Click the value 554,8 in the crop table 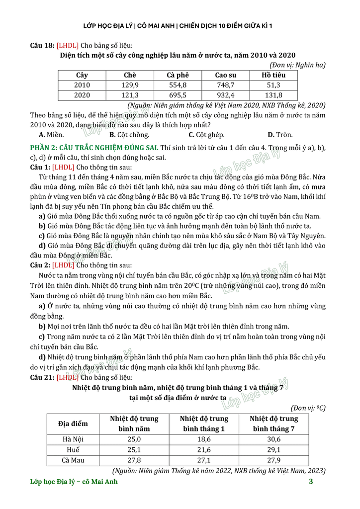pos(178,85)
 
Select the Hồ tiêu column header pos(273,75)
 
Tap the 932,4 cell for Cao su pos(225,95)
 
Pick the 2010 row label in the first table pos(82,85)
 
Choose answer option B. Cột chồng pos(129,134)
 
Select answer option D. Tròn pos(280,134)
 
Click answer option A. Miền pos(51,134)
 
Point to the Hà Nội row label pos(73,439)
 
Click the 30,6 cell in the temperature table pos(273,439)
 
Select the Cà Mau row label pos(73,460)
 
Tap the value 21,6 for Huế pos(204,449)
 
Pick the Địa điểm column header pos(73,424)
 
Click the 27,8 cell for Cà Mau pos(134,460)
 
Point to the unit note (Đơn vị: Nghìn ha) pos(297,65)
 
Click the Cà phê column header pos(178,75)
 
